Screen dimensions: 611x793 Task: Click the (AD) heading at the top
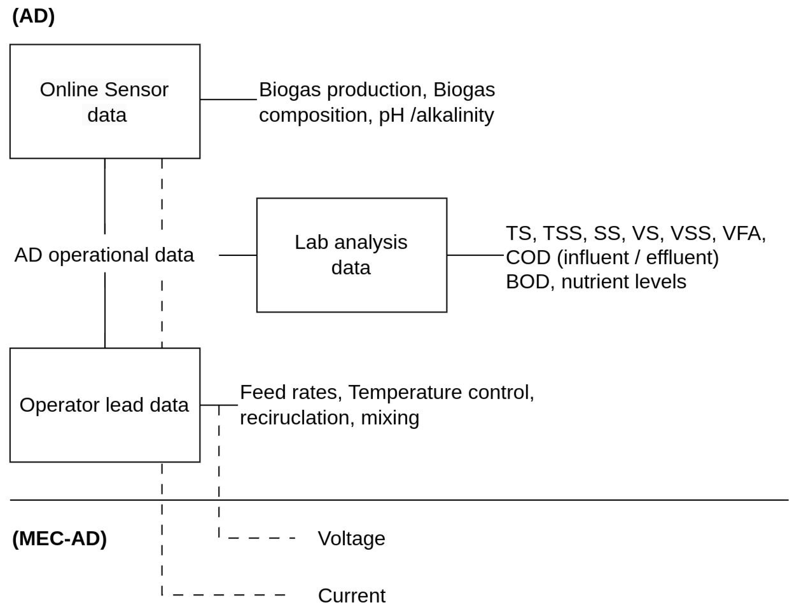click(x=33, y=16)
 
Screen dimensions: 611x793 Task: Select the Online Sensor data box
click(x=105, y=101)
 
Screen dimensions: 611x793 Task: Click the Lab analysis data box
click(x=351, y=255)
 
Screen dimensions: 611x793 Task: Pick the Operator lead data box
click(x=105, y=405)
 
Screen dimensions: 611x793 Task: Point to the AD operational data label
click(x=104, y=255)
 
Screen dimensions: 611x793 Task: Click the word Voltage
click(x=351, y=538)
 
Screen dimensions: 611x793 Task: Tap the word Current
click(x=351, y=595)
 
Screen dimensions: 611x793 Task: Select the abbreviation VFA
click(x=743, y=233)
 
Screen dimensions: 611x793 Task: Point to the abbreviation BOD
click(x=528, y=282)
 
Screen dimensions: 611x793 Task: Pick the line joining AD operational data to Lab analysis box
click(x=238, y=255)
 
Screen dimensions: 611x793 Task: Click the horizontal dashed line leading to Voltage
click(x=261, y=538)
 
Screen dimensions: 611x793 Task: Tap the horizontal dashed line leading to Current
click(x=229, y=595)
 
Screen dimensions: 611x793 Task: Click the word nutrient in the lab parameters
click(x=592, y=282)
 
